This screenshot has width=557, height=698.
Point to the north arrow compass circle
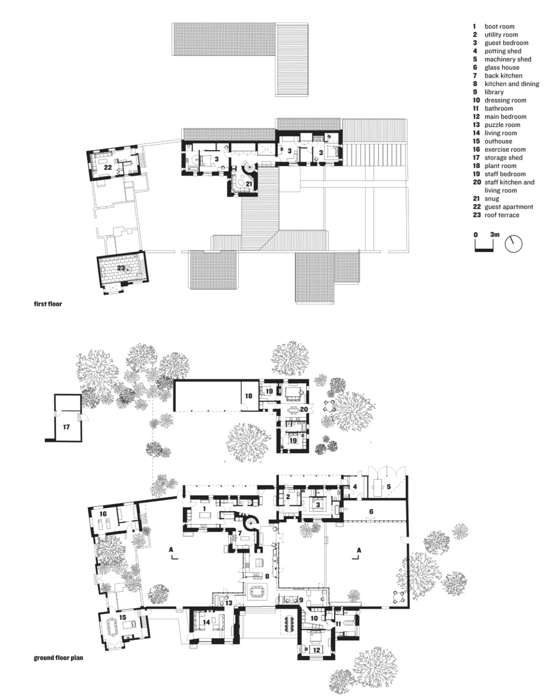click(514, 244)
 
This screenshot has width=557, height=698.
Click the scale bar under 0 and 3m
click(484, 250)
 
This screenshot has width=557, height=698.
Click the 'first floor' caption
click(48, 304)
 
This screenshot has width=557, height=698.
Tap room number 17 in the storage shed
click(66, 427)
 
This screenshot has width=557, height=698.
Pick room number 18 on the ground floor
click(249, 396)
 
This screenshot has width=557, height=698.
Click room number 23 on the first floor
click(121, 268)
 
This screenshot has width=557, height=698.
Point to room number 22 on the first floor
click(108, 167)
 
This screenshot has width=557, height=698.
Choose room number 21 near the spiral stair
click(249, 183)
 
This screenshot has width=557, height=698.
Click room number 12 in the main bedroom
click(316, 640)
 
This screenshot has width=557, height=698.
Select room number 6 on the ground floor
click(371, 511)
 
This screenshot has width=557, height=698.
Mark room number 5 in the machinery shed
click(389, 486)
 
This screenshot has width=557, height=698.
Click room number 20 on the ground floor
click(304, 409)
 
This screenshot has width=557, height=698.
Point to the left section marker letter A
click(171, 550)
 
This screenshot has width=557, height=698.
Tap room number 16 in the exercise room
click(103, 514)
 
